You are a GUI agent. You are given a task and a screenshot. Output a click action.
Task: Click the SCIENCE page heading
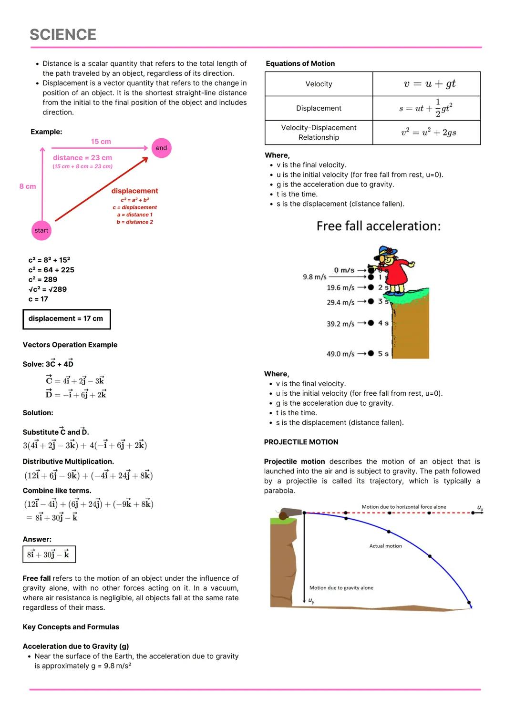[x=63, y=35]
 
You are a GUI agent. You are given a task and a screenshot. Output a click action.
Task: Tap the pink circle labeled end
[x=162, y=148]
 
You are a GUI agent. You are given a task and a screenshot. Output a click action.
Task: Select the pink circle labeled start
[x=41, y=230]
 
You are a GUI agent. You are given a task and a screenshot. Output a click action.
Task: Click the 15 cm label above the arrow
[x=101, y=142]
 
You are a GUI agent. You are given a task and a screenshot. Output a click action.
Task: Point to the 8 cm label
[x=28, y=186]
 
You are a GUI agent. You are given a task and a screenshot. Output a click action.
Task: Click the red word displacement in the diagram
[x=134, y=191]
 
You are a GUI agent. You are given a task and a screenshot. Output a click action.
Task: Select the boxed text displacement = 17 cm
[x=66, y=319]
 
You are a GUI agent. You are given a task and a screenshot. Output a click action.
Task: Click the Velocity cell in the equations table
[x=319, y=84]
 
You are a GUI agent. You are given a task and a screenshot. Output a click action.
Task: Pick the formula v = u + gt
[x=429, y=84]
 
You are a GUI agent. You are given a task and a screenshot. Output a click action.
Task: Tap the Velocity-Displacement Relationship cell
[x=319, y=133]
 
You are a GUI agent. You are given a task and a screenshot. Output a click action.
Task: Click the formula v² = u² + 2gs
[x=428, y=133]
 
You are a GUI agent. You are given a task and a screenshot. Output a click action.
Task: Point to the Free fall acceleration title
[x=379, y=226]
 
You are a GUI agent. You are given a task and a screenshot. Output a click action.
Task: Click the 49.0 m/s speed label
[x=340, y=354]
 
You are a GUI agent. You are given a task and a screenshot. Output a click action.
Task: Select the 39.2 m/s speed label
[x=340, y=324]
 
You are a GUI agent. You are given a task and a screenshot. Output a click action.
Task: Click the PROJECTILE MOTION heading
[x=301, y=442]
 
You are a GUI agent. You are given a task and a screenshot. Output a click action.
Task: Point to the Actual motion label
[x=385, y=546]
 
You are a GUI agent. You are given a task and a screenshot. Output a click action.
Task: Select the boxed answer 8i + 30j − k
[x=49, y=554]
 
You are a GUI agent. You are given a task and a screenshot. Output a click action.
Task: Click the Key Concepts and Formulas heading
[x=71, y=627]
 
